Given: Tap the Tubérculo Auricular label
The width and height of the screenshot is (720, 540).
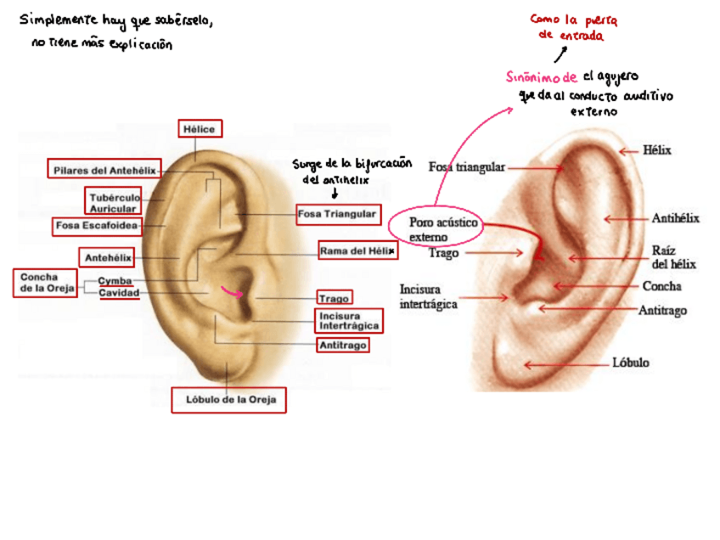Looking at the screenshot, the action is click(x=113, y=202).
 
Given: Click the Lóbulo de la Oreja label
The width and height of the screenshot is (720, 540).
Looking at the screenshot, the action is click(x=228, y=399).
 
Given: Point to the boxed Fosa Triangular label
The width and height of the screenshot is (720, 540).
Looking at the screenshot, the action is click(x=337, y=215).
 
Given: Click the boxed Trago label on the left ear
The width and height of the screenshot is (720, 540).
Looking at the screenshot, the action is click(x=334, y=298).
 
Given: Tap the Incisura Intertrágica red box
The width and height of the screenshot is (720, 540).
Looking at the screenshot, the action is click(x=346, y=321).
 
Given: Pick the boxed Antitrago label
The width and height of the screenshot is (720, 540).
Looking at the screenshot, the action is click(x=343, y=346).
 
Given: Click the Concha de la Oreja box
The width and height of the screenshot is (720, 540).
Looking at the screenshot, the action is click(x=45, y=283).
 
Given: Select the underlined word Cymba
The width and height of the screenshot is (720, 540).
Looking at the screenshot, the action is click(x=115, y=280).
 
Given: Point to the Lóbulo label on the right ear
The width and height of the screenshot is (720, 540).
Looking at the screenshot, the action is click(x=630, y=363).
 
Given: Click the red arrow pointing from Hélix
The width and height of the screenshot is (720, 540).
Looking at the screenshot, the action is click(x=627, y=151).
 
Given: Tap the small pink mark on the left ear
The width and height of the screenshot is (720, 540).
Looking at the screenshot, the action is click(x=230, y=292).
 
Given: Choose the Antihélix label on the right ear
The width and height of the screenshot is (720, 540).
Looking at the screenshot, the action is click(x=675, y=218).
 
